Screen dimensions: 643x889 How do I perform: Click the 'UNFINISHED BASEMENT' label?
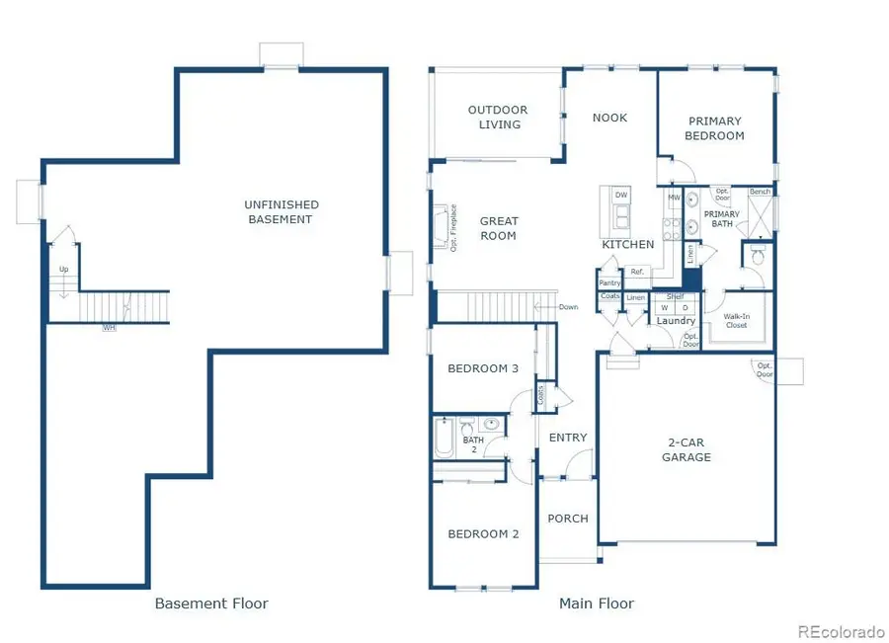[282, 212]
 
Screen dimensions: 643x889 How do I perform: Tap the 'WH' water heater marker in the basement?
[109, 327]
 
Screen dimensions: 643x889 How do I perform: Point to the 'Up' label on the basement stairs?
[64, 269]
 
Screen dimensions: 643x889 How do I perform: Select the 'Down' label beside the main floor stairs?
[568, 307]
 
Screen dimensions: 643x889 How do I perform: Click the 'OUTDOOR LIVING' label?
[498, 118]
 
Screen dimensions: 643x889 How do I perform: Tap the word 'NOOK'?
[609, 118]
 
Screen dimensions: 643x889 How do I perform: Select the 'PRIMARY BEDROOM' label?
[716, 128]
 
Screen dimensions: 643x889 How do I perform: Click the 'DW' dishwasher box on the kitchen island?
[621, 196]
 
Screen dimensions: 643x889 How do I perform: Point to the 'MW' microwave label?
[674, 198]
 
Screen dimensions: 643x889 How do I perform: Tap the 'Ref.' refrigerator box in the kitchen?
[637, 272]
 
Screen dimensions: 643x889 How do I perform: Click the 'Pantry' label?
[609, 282]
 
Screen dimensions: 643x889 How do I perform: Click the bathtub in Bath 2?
[444, 438]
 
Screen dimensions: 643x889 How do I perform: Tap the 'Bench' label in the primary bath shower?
[760, 192]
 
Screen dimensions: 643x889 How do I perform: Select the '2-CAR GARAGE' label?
[687, 450]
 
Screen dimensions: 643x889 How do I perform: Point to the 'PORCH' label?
[568, 519]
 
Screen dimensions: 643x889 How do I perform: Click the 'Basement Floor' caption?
[211, 603]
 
